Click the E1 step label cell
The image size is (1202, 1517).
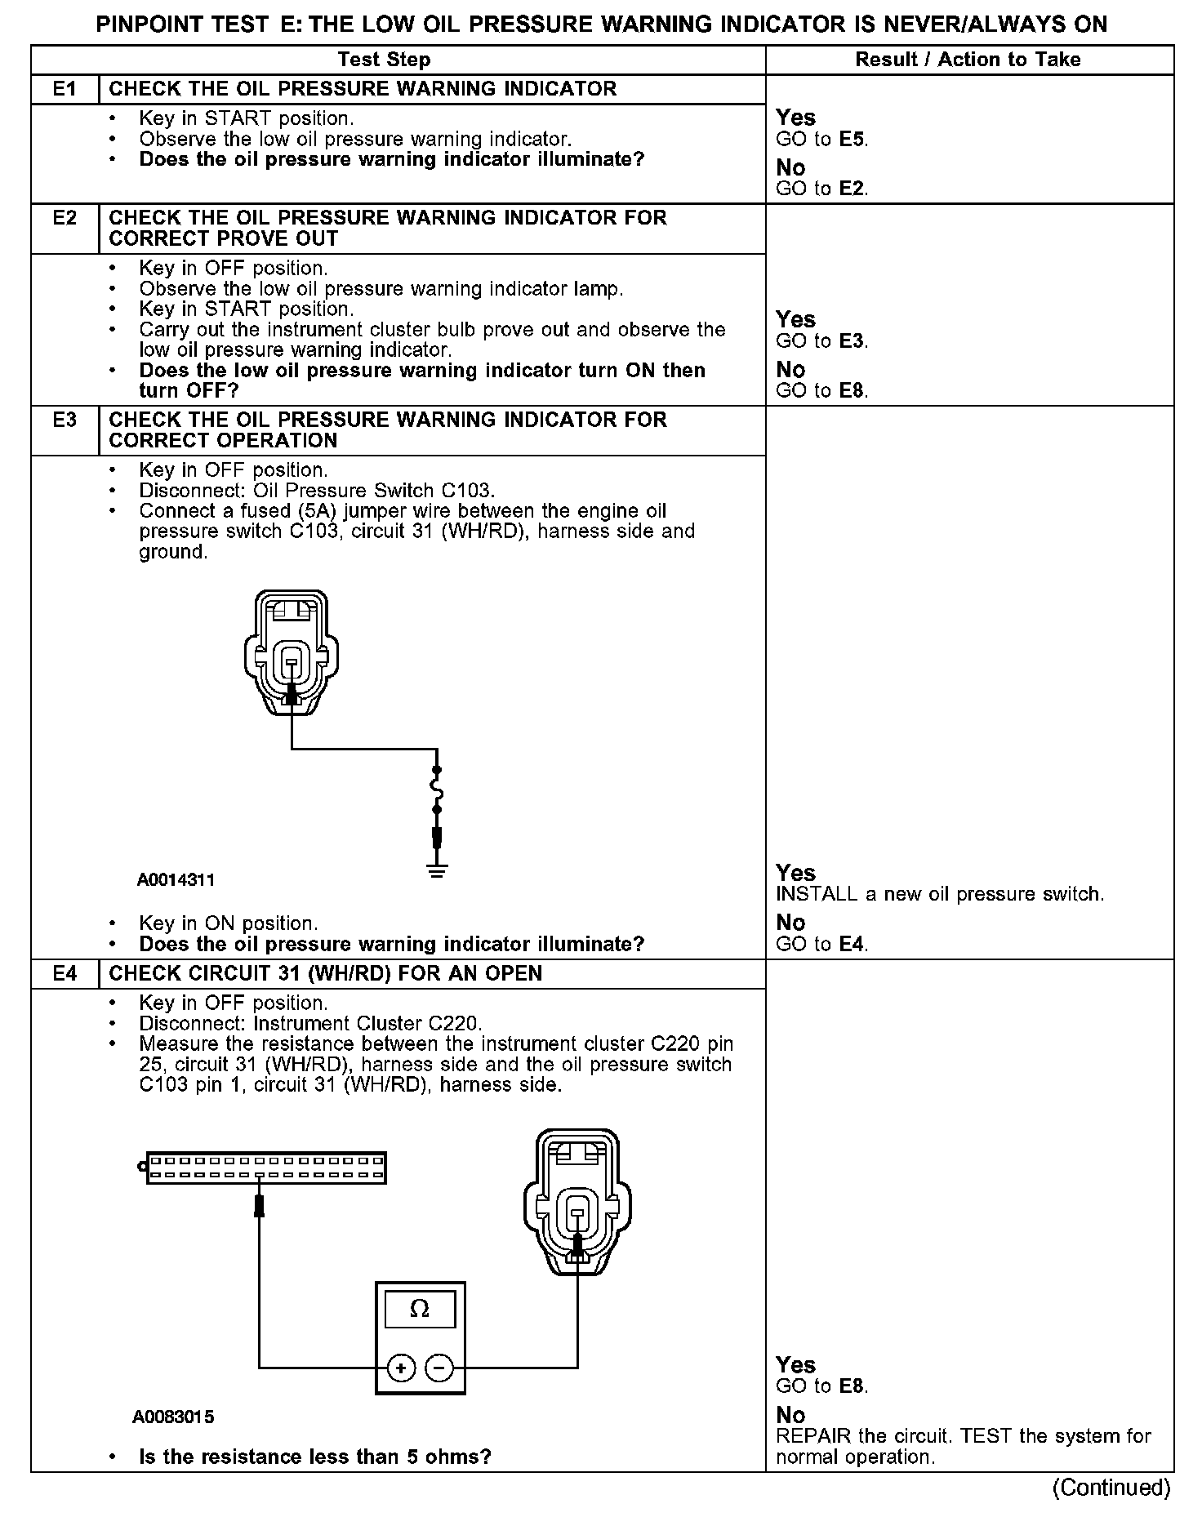coord(65,89)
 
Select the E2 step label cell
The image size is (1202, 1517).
coord(65,218)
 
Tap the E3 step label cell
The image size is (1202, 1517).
coord(65,420)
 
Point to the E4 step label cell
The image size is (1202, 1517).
coord(65,973)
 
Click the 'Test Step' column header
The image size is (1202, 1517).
coord(384,60)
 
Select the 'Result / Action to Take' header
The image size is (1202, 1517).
coord(968,60)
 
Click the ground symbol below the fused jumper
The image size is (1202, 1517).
coord(437,870)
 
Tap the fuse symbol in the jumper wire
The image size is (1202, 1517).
coord(437,790)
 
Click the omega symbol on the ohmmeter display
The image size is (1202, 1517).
coord(419,1309)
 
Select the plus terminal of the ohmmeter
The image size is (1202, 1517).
coord(401,1368)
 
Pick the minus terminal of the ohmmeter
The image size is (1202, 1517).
coord(440,1368)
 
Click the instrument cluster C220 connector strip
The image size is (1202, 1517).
coord(265,1168)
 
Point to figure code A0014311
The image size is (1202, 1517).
coord(176,880)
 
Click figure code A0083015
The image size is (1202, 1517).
coord(173,1417)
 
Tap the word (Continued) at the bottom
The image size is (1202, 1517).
coord(1111,1488)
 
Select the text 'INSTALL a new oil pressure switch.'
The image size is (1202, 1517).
coord(939,894)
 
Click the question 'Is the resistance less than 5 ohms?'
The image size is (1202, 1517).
coord(315,1457)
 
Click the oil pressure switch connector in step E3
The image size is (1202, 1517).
coord(291,653)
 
